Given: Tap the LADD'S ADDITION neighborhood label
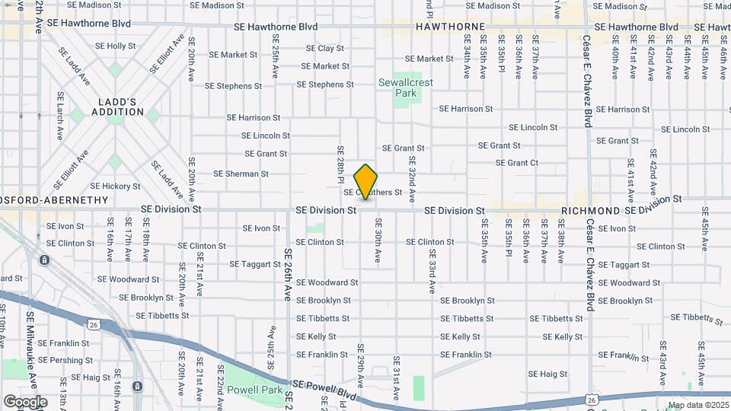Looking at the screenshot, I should point(117,107).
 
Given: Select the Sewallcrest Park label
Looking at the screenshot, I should point(407,88).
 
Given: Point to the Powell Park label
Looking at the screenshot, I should point(254,391).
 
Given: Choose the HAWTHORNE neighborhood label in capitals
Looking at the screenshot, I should point(450,27).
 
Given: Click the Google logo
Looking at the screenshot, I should point(25,401).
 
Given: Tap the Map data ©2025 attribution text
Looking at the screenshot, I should point(697,406).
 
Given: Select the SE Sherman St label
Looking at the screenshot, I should point(241,174).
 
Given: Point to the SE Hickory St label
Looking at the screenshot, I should point(115,186).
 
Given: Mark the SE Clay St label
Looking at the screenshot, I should point(325,48).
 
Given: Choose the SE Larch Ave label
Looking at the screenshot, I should point(60,116).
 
